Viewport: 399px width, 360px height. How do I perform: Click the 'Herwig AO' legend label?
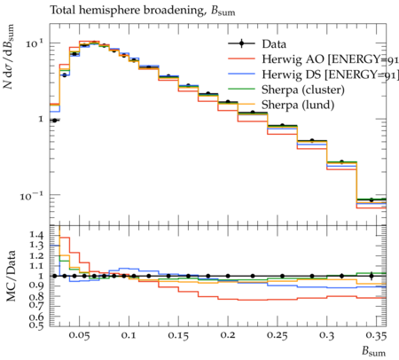pyautogui.click(x=293, y=59)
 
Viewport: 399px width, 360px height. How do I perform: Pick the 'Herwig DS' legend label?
pyautogui.click(x=292, y=74)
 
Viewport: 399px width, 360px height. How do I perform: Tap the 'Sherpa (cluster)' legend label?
pyautogui.click(x=303, y=90)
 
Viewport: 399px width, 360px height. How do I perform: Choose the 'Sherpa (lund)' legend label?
pyautogui.click(x=298, y=106)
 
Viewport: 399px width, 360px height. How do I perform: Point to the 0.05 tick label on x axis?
pyautogui.click(x=79, y=336)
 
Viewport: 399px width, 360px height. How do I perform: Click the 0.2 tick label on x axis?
pyautogui.click(x=228, y=336)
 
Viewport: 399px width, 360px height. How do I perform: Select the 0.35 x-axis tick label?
pyautogui.click(x=376, y=336)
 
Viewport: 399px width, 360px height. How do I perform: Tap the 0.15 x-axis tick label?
pyautogui.click(x=178, y=336)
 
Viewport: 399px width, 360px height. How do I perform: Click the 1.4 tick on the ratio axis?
pyautogui.click(x=36, y=235)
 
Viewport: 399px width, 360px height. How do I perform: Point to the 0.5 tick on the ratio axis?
pyautogui.click(x=36, y=325)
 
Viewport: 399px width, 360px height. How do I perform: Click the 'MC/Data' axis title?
pyautogui.click(x=11, y=276)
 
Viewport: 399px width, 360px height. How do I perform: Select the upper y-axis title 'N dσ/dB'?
pyautogui.click(x=9, y=57)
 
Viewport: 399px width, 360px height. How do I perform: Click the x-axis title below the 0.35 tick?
pyautogui.click(x=374, y=352)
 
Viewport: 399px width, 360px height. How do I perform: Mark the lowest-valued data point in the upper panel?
pyautogui.click(x=372, y=200)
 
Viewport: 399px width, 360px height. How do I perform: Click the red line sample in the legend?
pyautogui.click(x=241, y=59)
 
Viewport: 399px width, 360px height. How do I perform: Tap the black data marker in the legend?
pyautogui.click(x=241, y=43)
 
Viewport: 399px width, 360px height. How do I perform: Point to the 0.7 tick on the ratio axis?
pyautogui.click(x=36, y=303)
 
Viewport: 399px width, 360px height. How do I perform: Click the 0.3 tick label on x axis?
pyautogui.click(x=327, y=336)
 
